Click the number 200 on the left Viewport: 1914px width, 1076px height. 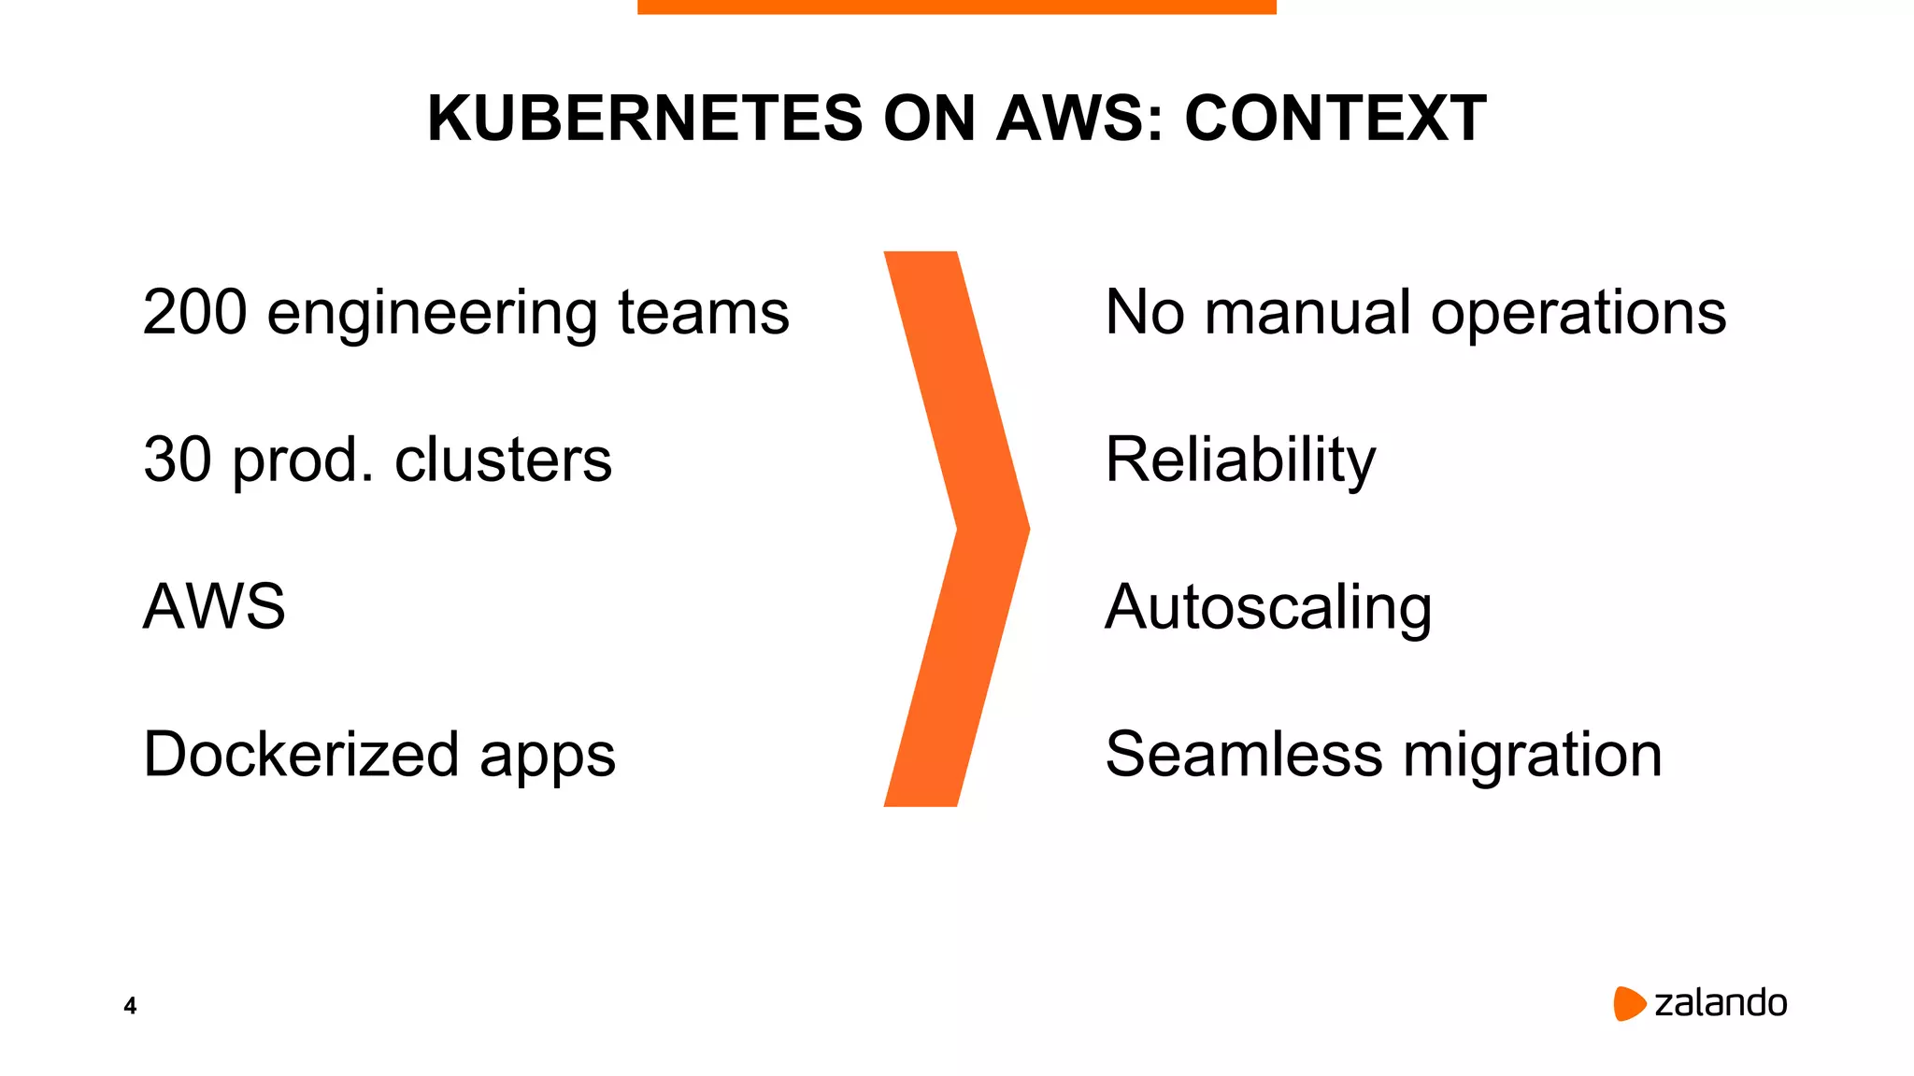click(x=194, y=312)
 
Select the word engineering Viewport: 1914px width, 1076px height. click(x=432, y=314)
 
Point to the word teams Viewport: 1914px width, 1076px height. click(x=703, y=312)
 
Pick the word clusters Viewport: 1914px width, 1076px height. click(x=503, y=460)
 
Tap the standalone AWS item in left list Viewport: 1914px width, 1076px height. click(x=214, y=607)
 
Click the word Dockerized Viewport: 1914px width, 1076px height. click(x=301, y=755)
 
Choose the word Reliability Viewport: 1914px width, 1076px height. click(x=1239, y=461)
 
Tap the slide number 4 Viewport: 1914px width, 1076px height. click(x=130, y=1006)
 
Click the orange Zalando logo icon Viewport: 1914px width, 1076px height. click(x=1628, y=1003)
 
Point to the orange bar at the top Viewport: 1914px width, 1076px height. click(x=956, y=7)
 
